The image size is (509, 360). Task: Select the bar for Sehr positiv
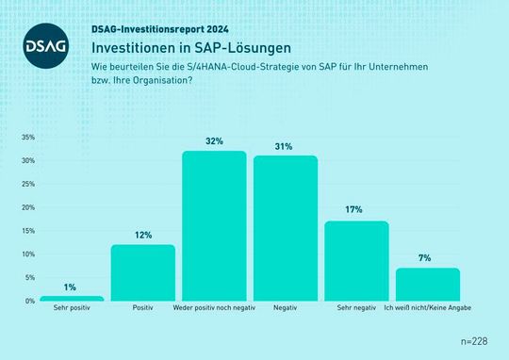click(x=72, y=298)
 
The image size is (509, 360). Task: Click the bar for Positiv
click(x=143, y=272)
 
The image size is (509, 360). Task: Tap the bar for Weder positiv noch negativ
click(x=214, y=226)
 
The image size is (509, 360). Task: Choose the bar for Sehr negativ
click(x=356, y=261)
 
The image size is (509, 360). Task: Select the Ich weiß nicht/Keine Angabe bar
click(x=428, y=284)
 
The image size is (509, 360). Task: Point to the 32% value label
click(x=214, y=141)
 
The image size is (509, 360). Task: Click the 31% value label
click(x=286, y=146)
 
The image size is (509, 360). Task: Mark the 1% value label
click(x=72, y=286)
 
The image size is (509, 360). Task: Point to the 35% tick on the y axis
click(x=27, y=138)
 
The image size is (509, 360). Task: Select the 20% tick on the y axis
click(x=27, y=207)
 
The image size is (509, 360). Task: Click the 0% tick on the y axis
click(x=29, y=301)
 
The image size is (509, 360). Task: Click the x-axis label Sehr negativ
click(x=356, y=309)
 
